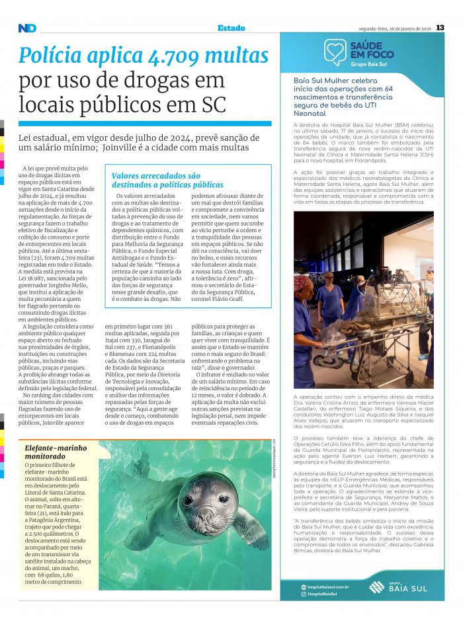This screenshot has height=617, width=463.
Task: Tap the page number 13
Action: click(x=440, y=28)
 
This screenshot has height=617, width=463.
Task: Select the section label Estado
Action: click(x=231, y=28)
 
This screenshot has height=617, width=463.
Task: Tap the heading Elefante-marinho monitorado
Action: click(x=56, y=452)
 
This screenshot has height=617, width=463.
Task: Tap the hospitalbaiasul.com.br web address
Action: click(x=328, y=587)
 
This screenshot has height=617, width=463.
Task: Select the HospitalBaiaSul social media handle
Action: click(x=323, y=594)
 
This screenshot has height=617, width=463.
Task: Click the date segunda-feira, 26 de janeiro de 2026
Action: click(x=394, y=28)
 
